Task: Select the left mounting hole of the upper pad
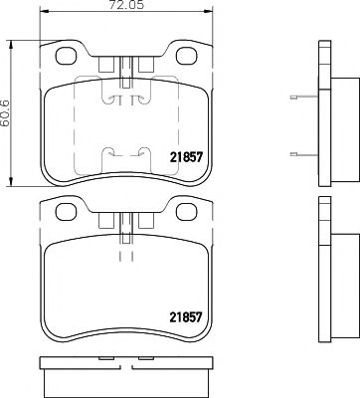68,61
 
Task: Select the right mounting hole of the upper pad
184,61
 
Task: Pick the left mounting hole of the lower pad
68,212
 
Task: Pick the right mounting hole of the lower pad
184,212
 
